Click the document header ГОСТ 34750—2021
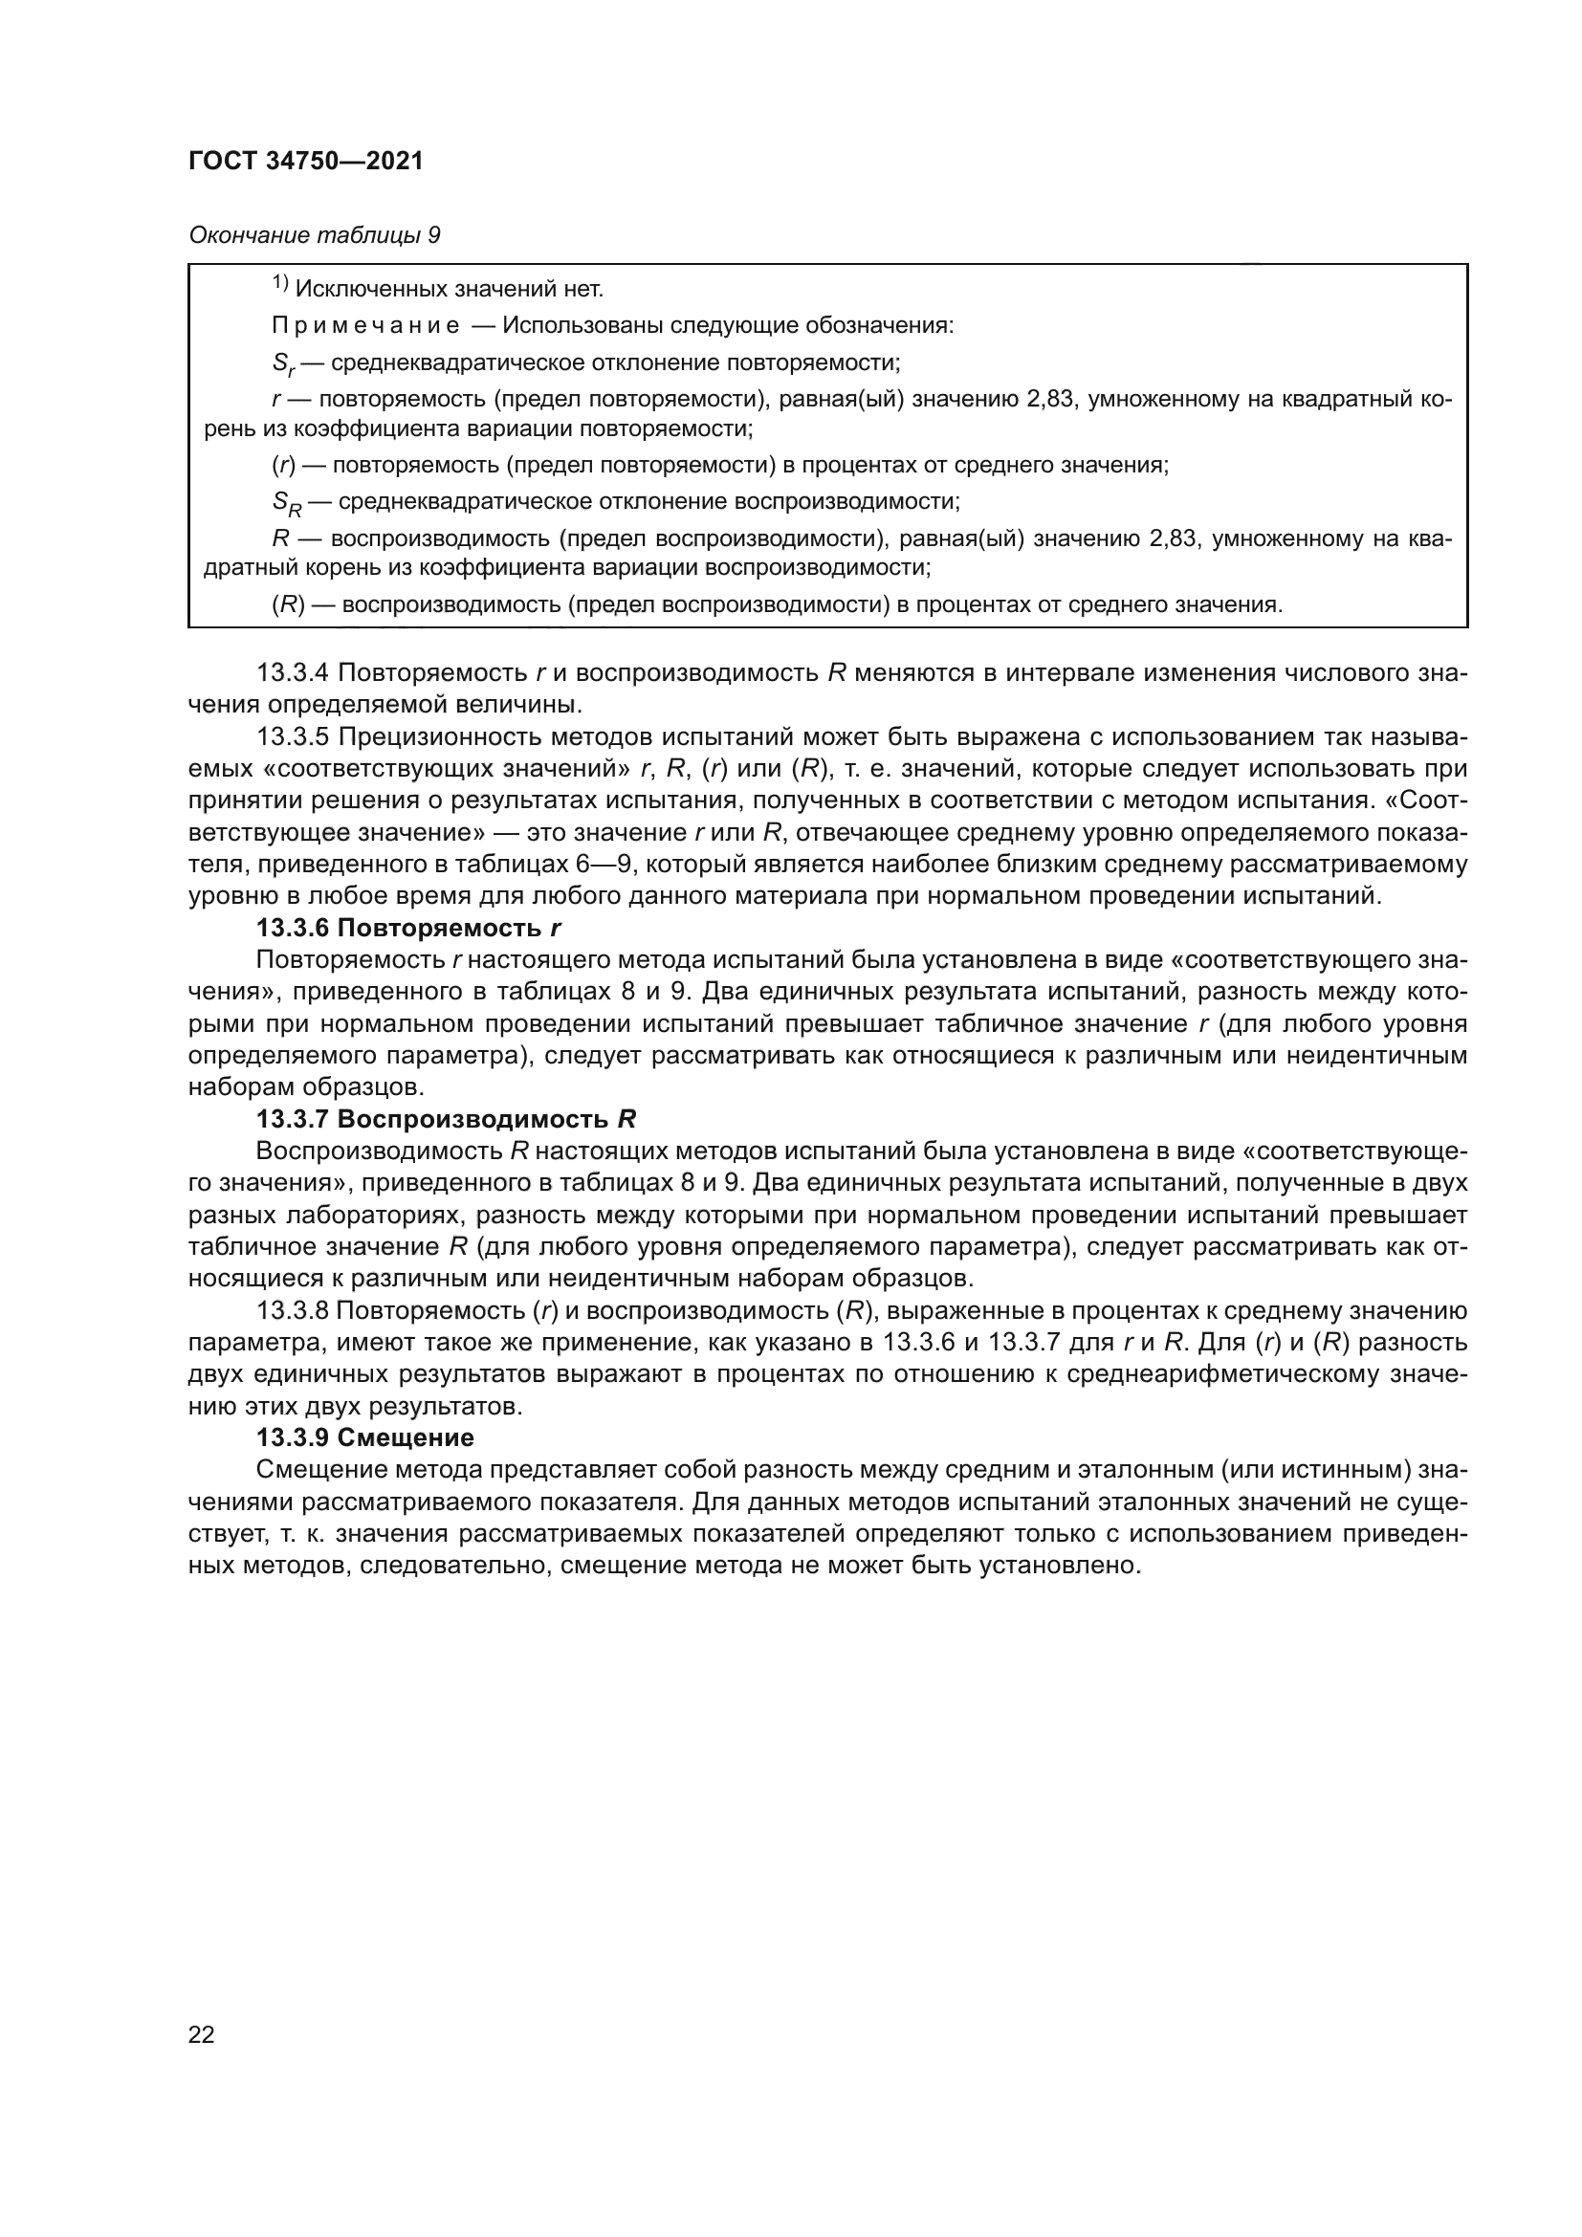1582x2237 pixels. pos(306,162)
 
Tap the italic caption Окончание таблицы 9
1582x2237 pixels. pos(314,236)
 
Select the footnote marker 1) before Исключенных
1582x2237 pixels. pos(279,284)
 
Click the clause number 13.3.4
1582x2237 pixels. pos(294,673)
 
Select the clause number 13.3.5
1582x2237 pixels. pos(294,736)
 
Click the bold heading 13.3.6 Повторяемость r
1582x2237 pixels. pos(409,928)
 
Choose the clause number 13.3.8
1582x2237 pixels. pos(294,1310)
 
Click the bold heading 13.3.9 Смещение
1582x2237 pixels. pos(365,1438)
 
